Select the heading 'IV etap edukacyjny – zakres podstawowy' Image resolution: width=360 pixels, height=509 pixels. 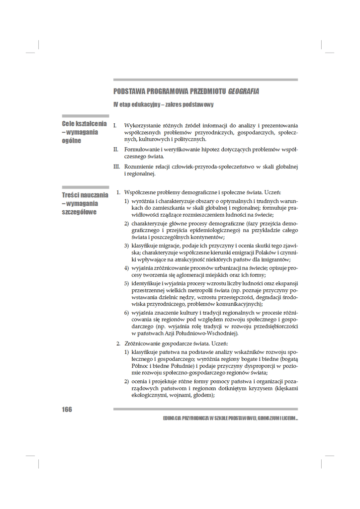163,105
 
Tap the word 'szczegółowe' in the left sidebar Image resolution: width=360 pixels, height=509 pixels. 79,212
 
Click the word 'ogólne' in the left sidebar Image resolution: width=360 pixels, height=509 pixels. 71,141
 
